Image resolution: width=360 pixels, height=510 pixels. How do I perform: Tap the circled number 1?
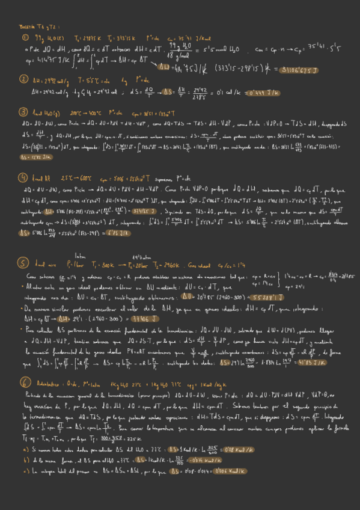point(23,37)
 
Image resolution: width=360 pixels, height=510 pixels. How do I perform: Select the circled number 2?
point(23,79)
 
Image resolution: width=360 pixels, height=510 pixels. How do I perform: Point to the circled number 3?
point(23,112)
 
